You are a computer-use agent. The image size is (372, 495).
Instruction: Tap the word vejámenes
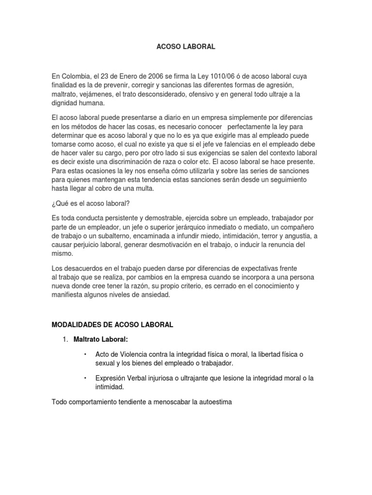(95, 94)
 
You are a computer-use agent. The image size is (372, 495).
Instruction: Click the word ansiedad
(155, 294)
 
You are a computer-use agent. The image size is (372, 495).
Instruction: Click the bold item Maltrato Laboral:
(101, 339)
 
